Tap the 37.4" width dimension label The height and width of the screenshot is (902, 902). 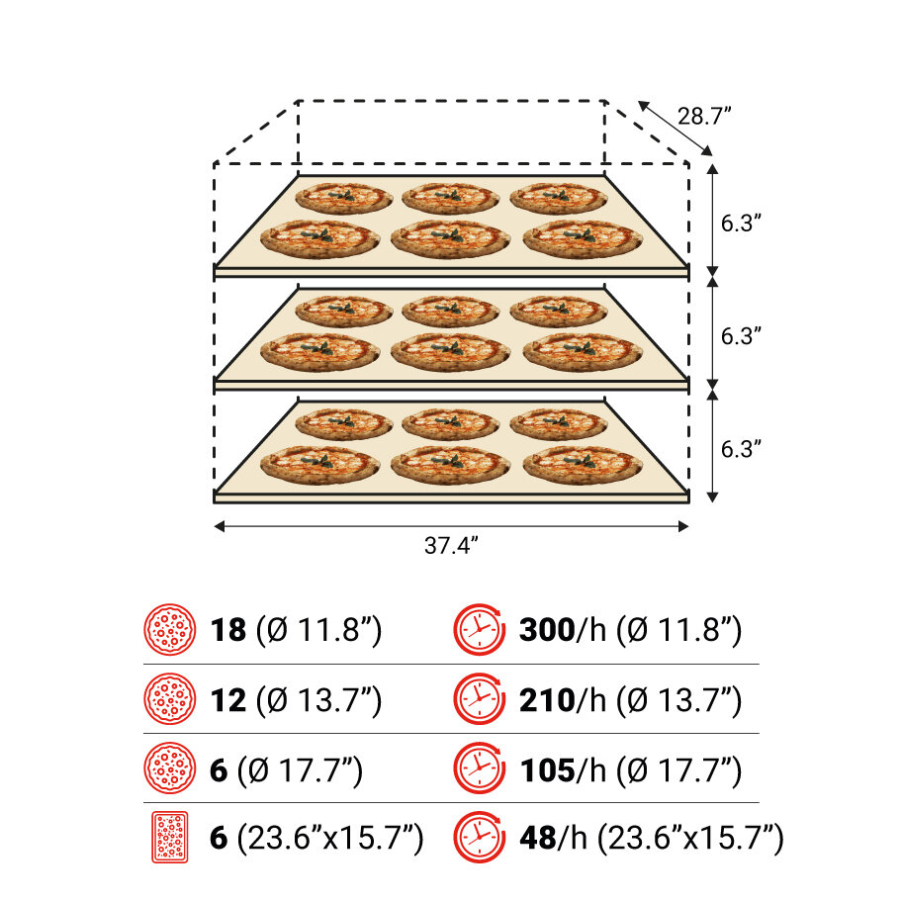[451, 546]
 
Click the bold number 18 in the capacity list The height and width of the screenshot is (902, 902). [228, 630]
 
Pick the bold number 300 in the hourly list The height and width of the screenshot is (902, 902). [546, 630]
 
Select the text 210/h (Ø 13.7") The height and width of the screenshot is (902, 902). [630, 700]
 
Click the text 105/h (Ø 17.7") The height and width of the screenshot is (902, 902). [630, 770]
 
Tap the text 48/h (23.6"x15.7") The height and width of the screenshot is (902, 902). [651, 840]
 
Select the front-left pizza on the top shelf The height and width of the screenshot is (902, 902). [318, 237]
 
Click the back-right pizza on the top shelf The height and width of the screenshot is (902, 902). [558, 198]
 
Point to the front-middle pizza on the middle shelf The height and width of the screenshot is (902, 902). [450, 351]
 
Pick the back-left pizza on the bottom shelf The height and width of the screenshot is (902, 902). [343, 423]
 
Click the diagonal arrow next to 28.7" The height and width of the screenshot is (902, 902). [676, 129]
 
